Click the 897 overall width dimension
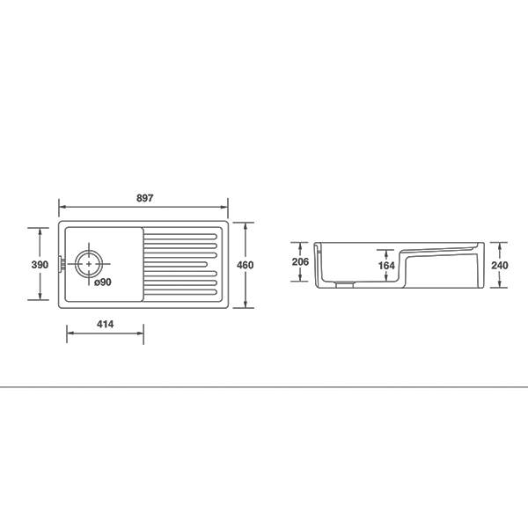click(145, 198)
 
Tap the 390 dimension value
click(40, 265)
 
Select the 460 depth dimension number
click(246, 265)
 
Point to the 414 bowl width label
click(105, 324)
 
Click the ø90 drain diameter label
click(103, 282)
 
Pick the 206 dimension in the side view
click(300, 261)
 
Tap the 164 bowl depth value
click(386, 266)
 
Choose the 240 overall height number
click(500, 266)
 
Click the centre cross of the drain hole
click(89, 264)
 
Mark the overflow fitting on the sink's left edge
click(61, 264)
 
